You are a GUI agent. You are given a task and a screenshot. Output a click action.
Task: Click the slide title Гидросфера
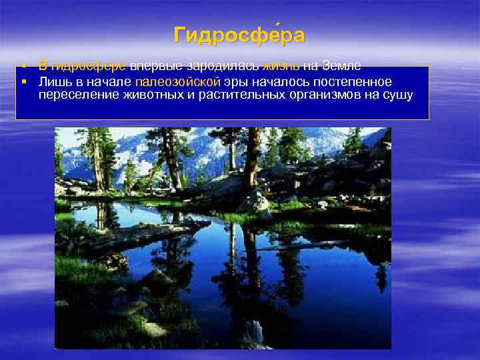click(239, 35)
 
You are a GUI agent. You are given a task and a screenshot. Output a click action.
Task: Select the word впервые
click(152, 66)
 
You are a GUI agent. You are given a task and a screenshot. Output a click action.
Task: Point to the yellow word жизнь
click(281, 66)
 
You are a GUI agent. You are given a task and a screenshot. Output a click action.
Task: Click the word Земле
click(341, 66)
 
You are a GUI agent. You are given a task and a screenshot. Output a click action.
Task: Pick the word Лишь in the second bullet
click(52, 82)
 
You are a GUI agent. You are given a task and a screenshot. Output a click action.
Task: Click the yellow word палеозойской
click(177, 82)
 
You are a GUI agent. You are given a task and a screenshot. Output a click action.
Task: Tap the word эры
click(236, 82)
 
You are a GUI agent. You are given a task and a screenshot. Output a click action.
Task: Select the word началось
click(277, 82)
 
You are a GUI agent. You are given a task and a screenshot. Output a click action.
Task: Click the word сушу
click(399, 95)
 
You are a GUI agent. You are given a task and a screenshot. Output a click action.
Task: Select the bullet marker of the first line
click(23, 66)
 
